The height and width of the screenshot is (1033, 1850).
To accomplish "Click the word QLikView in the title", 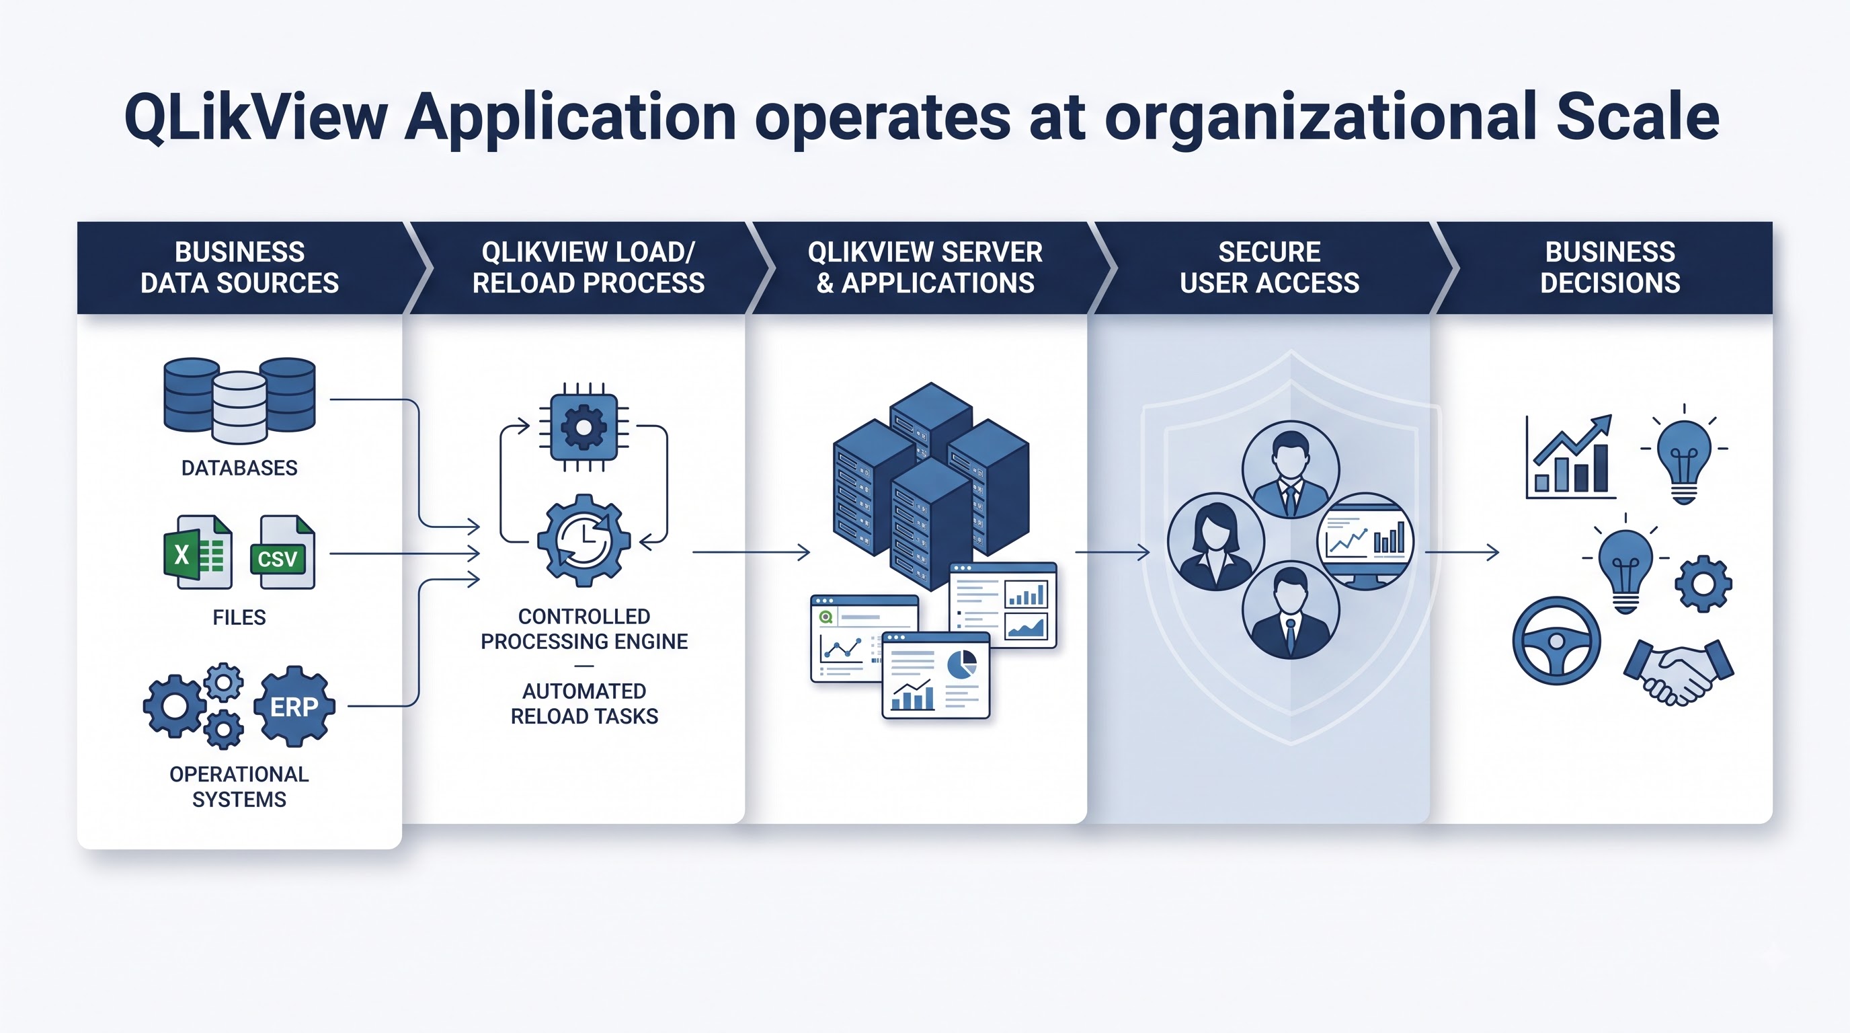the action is [256, 117].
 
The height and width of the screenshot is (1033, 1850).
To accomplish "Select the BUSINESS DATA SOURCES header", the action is [240, 267].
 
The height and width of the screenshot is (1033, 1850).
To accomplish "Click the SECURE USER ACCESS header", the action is [1269, 267].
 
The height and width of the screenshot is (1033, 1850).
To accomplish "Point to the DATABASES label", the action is [239, 467].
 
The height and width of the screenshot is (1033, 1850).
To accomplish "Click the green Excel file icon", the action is [198, 551].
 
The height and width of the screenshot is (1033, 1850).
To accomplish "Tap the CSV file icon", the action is [282, 551].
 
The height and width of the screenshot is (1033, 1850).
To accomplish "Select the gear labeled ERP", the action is [294, 707].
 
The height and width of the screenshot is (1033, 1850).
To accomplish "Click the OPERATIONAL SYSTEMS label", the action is [239, 787].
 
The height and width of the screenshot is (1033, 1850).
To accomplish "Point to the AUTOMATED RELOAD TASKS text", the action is [584, 703].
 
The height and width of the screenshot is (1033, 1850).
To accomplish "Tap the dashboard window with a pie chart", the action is [936, 675].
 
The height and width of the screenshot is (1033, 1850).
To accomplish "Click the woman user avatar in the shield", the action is [1215, 541].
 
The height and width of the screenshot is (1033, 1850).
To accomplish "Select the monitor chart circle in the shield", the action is [1365, 541].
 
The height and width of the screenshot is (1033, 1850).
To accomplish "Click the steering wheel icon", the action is [1556, 641].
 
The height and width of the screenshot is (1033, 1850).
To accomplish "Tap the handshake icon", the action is [1679, 671].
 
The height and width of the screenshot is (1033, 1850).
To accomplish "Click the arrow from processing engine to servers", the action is [751, 552].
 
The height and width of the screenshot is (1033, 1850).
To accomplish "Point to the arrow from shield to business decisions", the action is [1461, 552].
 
